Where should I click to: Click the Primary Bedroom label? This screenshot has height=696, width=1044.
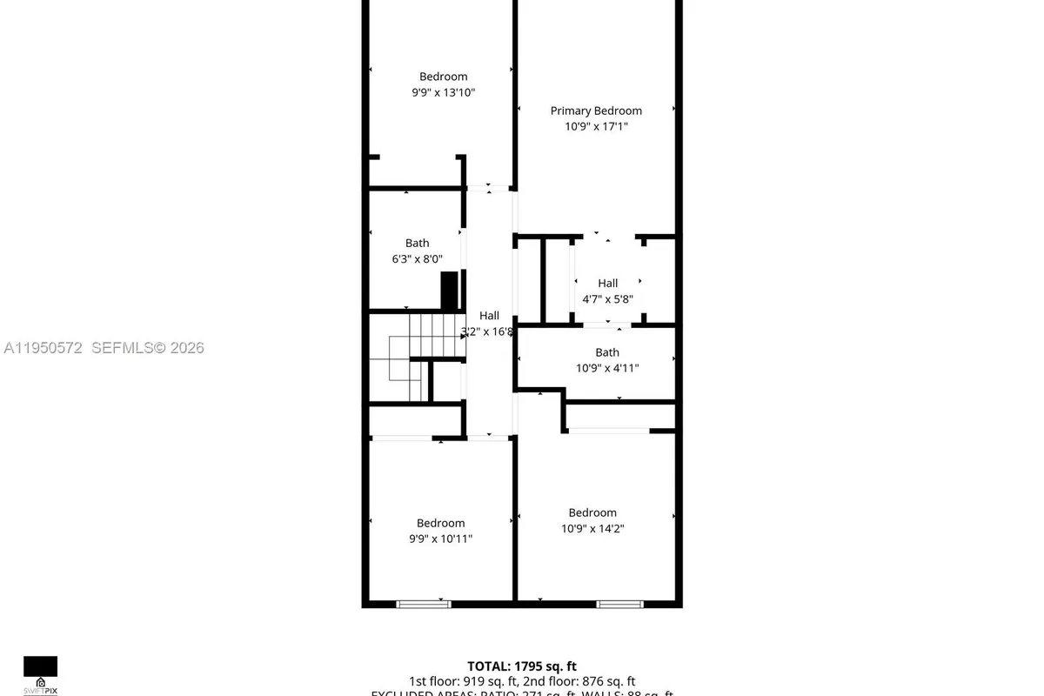(596, 110)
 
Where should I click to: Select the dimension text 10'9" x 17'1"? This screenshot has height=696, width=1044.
(596, 126)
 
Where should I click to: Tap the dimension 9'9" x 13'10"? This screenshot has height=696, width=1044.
(443, 92)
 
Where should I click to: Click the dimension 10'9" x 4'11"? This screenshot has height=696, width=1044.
(607, 368)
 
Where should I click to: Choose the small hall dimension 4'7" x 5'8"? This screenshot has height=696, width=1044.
(607, 299)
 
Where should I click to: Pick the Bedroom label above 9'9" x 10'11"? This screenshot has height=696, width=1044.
(440, 523)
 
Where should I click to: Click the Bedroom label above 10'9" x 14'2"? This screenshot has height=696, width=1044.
(592, 512)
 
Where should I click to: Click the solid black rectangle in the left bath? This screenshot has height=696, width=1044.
(449, 291)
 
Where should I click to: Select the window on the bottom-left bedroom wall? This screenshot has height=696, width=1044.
(424, 604)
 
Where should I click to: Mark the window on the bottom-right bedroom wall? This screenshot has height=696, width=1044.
(619, 604)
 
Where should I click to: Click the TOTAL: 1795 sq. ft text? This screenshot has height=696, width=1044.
(521, 666)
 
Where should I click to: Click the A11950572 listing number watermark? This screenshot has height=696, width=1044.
(43, 348)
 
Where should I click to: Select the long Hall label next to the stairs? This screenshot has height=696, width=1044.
(489, 316)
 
